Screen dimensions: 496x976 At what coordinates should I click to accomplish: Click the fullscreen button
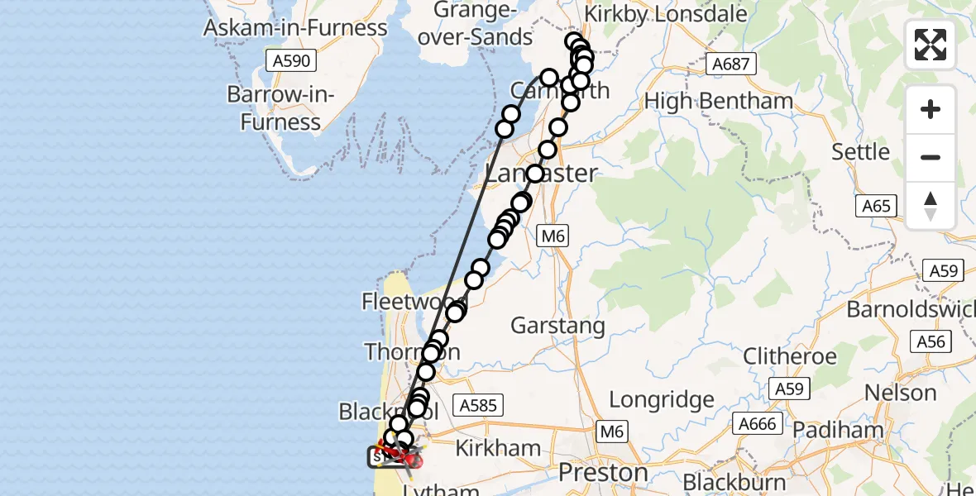point(931,45)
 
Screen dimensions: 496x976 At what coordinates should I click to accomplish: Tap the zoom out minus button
point(931,157)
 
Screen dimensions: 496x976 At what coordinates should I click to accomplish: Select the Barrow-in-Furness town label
point(280,108)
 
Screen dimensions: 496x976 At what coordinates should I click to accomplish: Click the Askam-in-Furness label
point(295,28)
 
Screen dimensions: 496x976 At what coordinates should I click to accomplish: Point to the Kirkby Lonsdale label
point(665,14)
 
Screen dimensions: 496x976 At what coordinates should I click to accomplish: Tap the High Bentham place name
point(719,101)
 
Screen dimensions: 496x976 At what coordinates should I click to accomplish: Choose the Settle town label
point(860,152)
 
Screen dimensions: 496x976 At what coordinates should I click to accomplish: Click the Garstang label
point(557,326)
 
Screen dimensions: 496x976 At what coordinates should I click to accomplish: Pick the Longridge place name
point(662,400)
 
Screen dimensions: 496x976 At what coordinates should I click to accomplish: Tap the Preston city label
point(603,473)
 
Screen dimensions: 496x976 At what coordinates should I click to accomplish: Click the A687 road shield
point(728,64)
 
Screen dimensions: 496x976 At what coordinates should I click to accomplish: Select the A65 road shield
point(875,205)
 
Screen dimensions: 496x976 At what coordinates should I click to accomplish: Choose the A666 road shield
point(757,424)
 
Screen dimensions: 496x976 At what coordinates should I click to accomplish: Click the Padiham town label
point(837,430)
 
